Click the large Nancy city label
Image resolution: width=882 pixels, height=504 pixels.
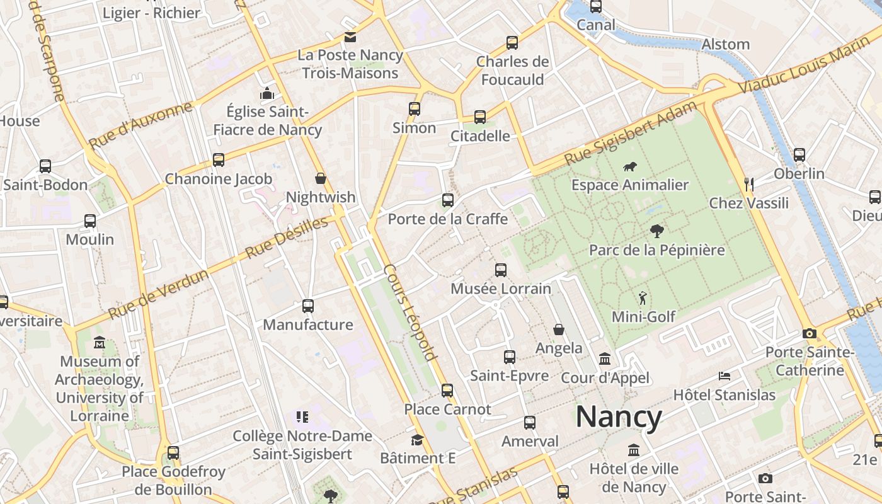[619, 417]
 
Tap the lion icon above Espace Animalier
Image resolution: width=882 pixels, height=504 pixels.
[629, 167]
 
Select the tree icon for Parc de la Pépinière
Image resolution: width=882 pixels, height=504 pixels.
[656, 231]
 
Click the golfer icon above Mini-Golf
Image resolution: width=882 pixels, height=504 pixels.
[642, 298]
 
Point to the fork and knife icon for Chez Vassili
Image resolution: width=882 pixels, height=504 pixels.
[748, 184]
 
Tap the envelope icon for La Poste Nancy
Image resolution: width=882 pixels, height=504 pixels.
[350, 37]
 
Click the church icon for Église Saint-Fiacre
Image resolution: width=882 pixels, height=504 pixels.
[267, 93]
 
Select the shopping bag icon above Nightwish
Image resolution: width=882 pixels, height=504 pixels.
[321, 179]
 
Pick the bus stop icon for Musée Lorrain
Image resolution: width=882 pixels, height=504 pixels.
[501, 270]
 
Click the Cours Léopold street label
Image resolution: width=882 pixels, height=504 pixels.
[410, 312]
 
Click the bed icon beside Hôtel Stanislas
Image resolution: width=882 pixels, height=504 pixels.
[724, 376]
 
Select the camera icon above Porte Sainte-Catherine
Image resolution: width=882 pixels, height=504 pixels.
[810, 333]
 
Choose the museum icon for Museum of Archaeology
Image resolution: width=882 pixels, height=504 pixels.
[100, 343]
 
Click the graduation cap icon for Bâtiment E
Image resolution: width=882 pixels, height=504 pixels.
[417, 439]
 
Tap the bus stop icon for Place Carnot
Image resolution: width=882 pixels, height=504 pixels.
[447, 391]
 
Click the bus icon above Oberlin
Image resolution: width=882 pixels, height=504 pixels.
[799, 154]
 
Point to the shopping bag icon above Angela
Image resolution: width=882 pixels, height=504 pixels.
[559, 329]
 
